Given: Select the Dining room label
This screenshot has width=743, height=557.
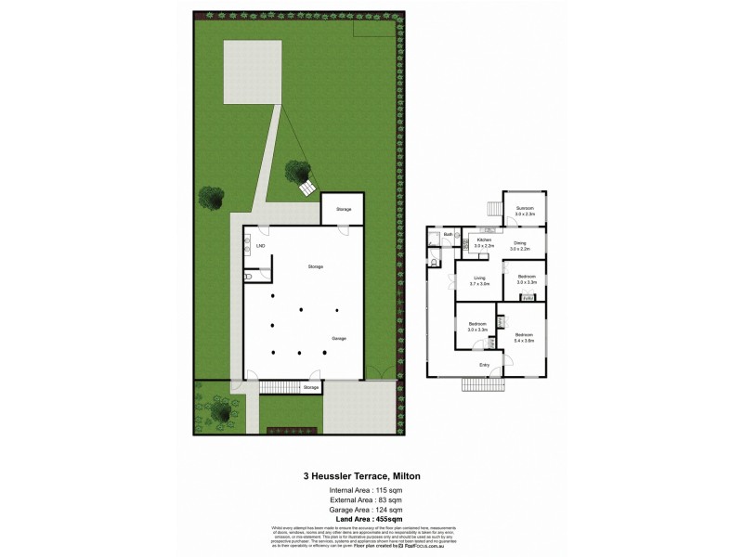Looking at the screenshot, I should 519,244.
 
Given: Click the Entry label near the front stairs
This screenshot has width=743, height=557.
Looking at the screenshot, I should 484,365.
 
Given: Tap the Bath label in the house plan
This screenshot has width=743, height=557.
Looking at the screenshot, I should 448,235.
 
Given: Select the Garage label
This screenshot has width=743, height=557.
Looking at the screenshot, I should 339,338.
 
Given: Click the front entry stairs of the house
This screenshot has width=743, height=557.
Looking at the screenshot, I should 481,383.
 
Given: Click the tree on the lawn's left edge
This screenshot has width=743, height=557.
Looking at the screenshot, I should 211,198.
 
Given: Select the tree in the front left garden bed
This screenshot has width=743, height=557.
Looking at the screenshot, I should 220,410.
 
